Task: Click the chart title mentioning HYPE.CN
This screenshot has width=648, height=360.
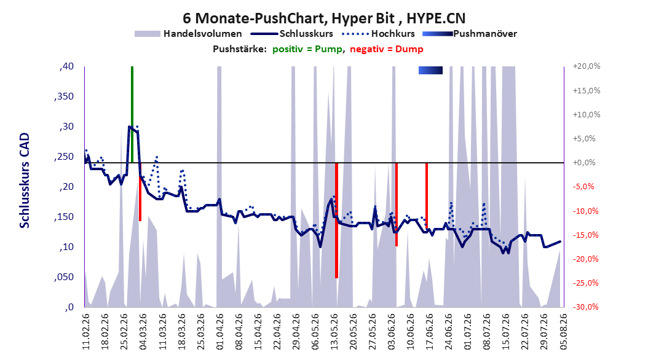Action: [324, 18]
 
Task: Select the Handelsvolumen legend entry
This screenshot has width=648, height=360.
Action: [188, 34]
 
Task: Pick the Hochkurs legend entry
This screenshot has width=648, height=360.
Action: [378, 34]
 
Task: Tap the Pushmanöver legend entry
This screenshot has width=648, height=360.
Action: [470, 34]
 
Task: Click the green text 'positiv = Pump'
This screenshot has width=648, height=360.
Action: [307, 49]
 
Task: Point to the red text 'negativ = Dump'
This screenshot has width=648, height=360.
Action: [387, 49]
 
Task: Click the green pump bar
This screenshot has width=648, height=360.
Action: [132, 114]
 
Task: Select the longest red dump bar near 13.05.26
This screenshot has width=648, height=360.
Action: [336, 221]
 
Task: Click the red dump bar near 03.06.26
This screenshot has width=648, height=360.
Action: [397, 205]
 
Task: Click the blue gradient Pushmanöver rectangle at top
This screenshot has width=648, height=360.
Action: [430, 70]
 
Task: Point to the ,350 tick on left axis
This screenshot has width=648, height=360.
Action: [64, 96]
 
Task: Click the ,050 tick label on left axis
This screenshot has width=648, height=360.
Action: [64, 277]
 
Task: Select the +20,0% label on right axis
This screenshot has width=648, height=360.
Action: [587, 66]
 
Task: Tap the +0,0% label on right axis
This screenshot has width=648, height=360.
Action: [584, 163]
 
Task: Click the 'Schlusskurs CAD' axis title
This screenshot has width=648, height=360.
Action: [25, 181]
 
